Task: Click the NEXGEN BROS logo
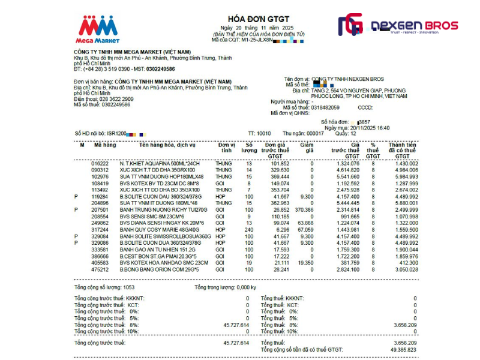point(398,26)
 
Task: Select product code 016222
point(100,164)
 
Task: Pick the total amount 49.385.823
point(402,349)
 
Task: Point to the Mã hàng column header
point(105,145)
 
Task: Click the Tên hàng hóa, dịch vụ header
point(167,145)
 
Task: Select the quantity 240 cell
point(248,229)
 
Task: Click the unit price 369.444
point(280,177)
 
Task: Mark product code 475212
point(100,269)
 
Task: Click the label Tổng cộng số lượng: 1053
point(104,287)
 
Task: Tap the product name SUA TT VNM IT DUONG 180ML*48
point(158,203)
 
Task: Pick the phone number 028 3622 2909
point(116,99)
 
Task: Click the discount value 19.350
point(305,263)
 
